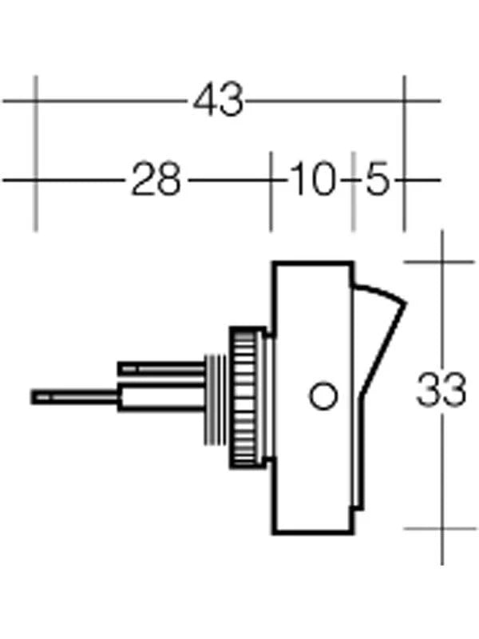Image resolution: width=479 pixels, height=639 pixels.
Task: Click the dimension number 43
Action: point(218,101)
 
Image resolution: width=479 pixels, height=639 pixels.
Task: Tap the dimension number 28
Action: point(156,180)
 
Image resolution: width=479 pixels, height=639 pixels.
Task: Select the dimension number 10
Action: point(311,180)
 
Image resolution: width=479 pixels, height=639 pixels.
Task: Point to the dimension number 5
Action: point(377,180)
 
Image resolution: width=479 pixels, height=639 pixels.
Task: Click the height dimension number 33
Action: point(441,391)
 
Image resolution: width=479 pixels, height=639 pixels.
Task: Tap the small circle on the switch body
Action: point(323,396)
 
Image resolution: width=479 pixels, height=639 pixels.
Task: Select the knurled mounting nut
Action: point(247,396)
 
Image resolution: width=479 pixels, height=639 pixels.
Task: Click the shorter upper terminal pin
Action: point(160,368)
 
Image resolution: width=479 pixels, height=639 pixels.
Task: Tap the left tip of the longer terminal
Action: point(34,396)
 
